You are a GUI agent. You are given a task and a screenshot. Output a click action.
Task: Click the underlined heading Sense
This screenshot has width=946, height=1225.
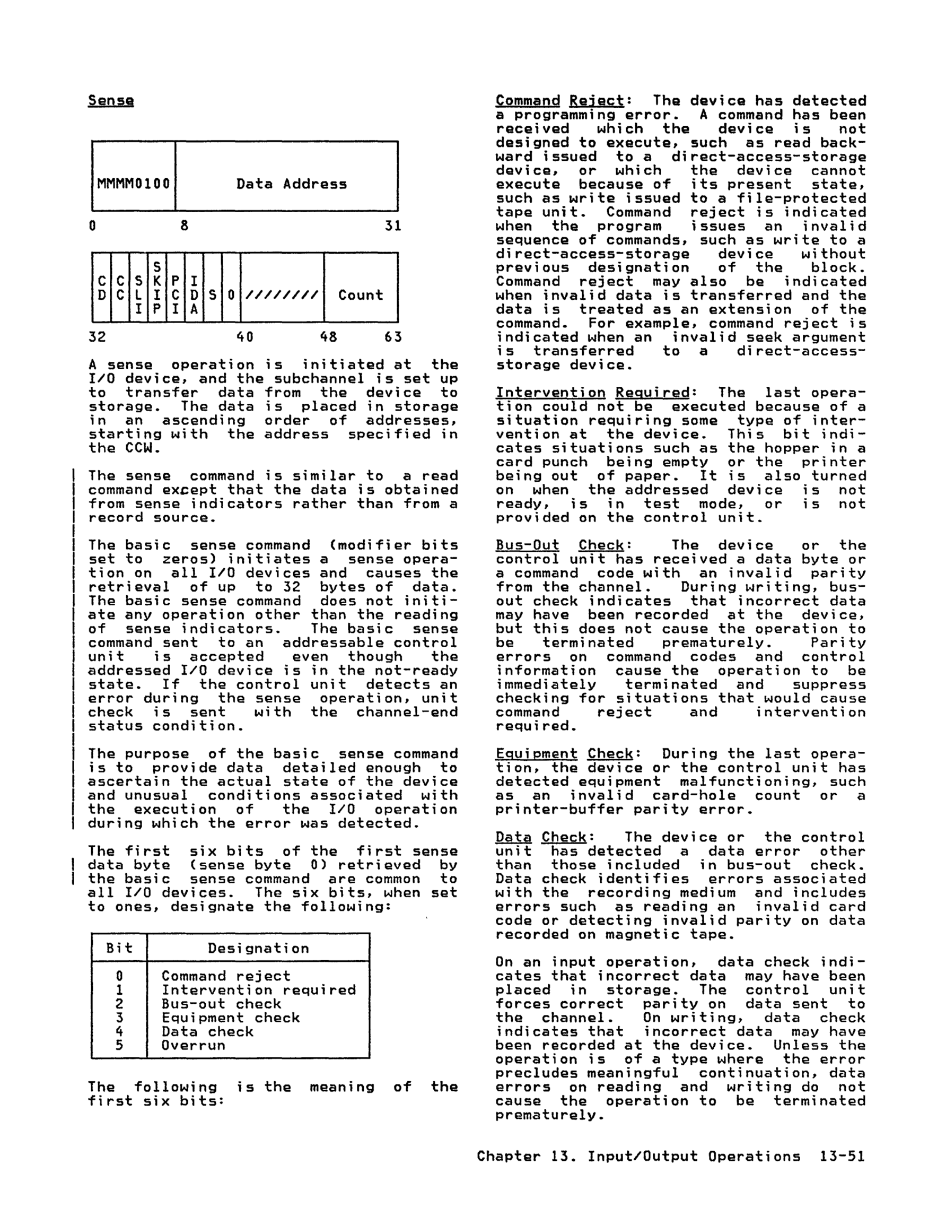(x=110, y=101)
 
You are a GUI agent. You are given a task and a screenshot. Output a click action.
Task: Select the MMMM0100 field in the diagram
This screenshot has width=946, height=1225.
(x=134, y=184)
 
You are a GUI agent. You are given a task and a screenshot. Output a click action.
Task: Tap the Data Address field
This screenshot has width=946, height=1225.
(x=291, y=184)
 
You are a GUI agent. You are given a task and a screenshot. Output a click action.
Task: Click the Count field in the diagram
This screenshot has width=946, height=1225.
(x=361, y=295)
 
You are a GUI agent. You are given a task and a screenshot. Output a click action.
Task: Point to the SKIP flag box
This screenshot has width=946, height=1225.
(x=157, y=287)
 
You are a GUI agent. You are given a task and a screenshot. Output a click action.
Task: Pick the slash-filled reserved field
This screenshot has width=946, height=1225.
(x=282, y=295)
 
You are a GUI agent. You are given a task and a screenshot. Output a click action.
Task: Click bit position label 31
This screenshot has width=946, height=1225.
(x=392, y=226)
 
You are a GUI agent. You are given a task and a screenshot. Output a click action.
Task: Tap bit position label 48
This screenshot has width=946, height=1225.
(x=328, y=337)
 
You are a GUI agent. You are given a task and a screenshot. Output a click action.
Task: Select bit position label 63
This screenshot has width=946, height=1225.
(x=392, y=337)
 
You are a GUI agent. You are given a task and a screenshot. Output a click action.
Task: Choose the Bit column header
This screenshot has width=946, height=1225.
(x=119, y=948)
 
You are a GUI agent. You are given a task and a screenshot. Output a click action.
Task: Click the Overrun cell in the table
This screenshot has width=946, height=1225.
(x=194, y=1045)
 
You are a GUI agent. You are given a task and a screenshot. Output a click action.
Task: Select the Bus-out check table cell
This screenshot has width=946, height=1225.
(x=221, y=1003)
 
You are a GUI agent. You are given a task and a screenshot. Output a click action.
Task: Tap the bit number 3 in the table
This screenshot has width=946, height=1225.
(x=119, y=1018)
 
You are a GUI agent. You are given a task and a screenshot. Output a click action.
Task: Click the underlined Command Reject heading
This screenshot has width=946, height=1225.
(x=559, y=101)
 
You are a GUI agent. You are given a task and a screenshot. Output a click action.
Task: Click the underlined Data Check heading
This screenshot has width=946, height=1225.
(x=540, y=837)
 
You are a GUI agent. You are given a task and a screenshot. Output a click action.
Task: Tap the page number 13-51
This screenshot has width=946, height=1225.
(x=842, y=1156)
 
